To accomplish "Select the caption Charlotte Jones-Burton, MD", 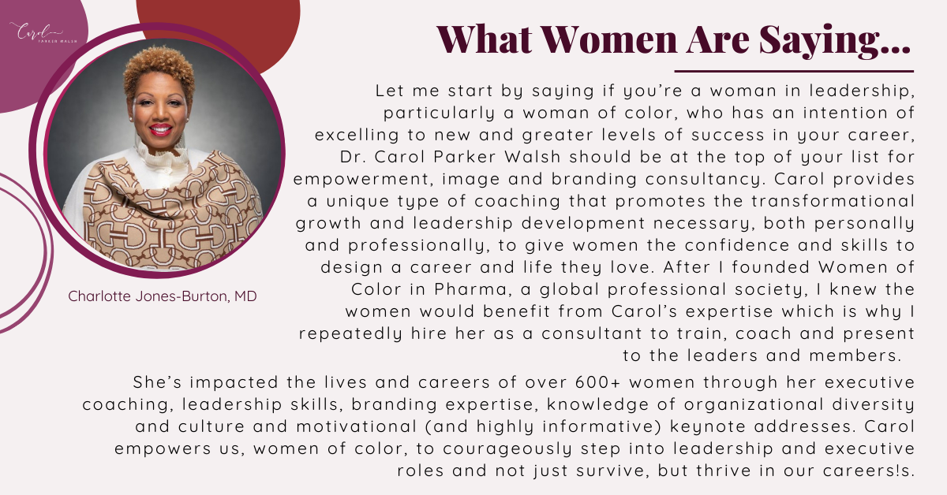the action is pyautogui.click(x=163, y=296).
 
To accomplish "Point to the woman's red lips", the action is pyautogui.click(x=161, y=128).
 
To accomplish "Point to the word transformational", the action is pyautogui.click(x=833, y=201).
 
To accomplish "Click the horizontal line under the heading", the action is pyautogui.click(x=794, y=72).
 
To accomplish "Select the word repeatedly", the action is pyautogui.click(x=350, y=334).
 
